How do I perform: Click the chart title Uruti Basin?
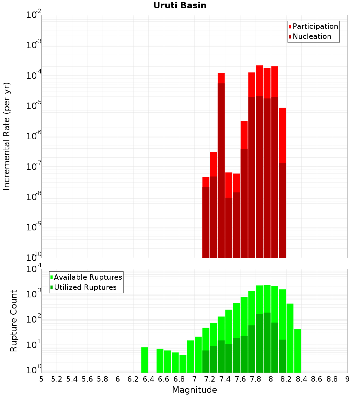click(180, 5)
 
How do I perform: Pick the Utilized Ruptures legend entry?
click(85, 287)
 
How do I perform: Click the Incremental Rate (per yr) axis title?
click(6, 136)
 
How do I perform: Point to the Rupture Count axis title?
click(14, 320)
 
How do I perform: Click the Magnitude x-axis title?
click(194, 390)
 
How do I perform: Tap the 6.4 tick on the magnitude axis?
click(148, 379)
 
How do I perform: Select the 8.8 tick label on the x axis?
click(332, 379)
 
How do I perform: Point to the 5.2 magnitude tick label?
click(57, 379)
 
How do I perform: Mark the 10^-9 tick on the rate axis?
click(34, 228)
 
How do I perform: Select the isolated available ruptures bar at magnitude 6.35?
click(145, 360)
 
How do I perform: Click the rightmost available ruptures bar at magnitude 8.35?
click(298, 351)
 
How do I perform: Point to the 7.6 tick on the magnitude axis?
click(240, 379)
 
